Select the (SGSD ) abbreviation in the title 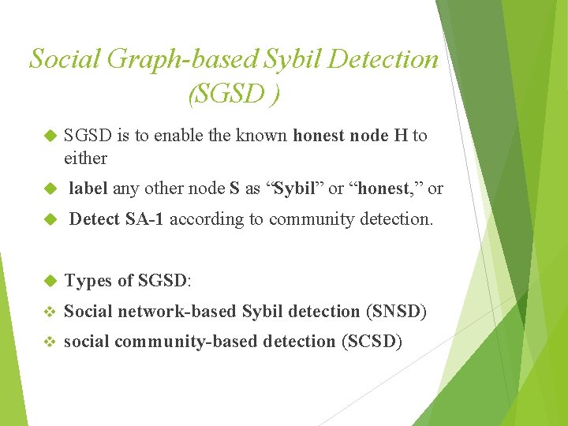tap(234, 95)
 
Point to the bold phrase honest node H tap(350, 136)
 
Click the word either tap(85, 158)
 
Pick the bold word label tap(89, 189)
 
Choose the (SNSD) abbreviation tap(397, 312)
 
